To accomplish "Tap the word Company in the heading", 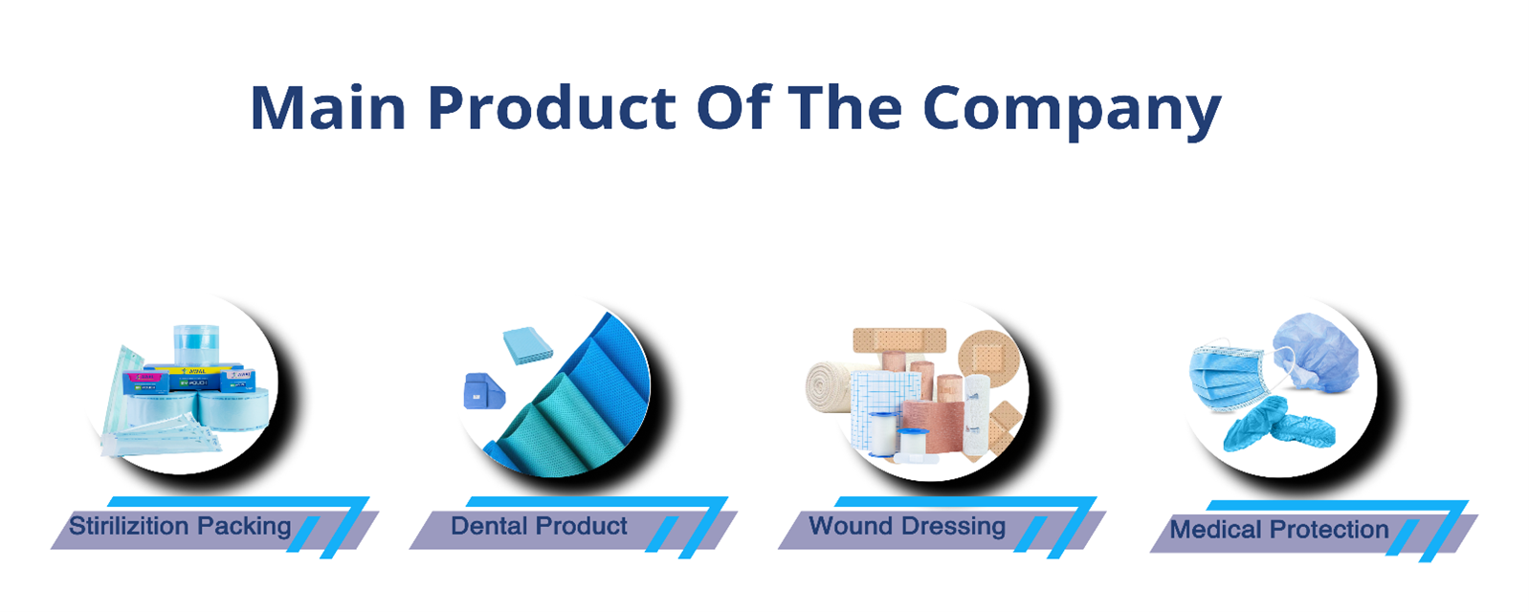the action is tap(1072, 111).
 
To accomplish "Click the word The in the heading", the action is tap(846, 107).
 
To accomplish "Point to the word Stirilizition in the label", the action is tap(129, 526).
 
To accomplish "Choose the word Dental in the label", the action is tap(489, 526).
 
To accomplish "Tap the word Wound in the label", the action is tap(852, 526).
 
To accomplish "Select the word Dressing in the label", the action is tap(954, 528).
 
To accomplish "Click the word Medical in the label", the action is tap(1216, 530).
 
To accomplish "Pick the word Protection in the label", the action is tap(1329, 530).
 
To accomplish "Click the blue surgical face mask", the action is tap(1227, 375).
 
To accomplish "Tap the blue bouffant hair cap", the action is tap(1316, 354).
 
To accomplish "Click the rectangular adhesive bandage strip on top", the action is tap(899, 340).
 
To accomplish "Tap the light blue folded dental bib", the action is tap(528, 345).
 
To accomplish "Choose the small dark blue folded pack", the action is tap(483, 391).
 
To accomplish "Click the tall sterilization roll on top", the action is tap(196, 345).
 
